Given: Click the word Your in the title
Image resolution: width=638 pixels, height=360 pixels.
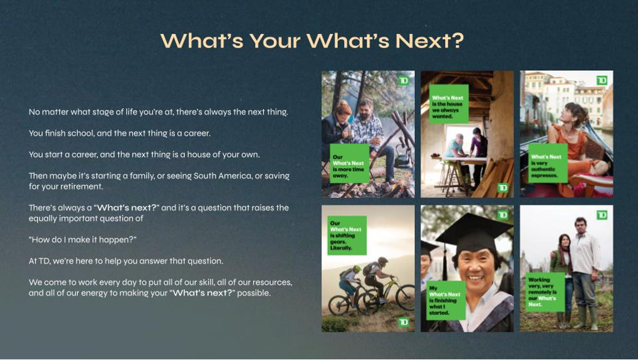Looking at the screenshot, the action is (275, 41).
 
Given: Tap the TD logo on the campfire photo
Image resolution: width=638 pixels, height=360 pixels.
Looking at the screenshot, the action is (403, 80).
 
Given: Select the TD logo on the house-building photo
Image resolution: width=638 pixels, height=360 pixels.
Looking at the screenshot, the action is (503, 188).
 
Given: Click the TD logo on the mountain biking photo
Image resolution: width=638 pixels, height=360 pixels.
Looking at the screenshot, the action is (403, 322).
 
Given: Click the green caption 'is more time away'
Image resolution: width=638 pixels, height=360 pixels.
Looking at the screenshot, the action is (350, 163).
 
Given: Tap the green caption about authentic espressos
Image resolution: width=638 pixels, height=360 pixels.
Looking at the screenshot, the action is (548, 163).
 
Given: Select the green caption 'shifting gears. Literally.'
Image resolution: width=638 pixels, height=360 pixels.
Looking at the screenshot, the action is (347, 235).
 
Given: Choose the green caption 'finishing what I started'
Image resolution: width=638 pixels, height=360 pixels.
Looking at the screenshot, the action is (446, 300).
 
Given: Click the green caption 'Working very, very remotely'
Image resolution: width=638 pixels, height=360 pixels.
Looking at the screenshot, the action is (545, 292).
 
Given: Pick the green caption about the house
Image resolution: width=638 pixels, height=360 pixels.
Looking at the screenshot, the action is (449, 104).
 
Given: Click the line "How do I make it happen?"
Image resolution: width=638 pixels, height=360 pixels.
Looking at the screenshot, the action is (83, 240).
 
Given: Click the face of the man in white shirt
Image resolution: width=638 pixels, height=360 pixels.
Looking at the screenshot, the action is (580, 225).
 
